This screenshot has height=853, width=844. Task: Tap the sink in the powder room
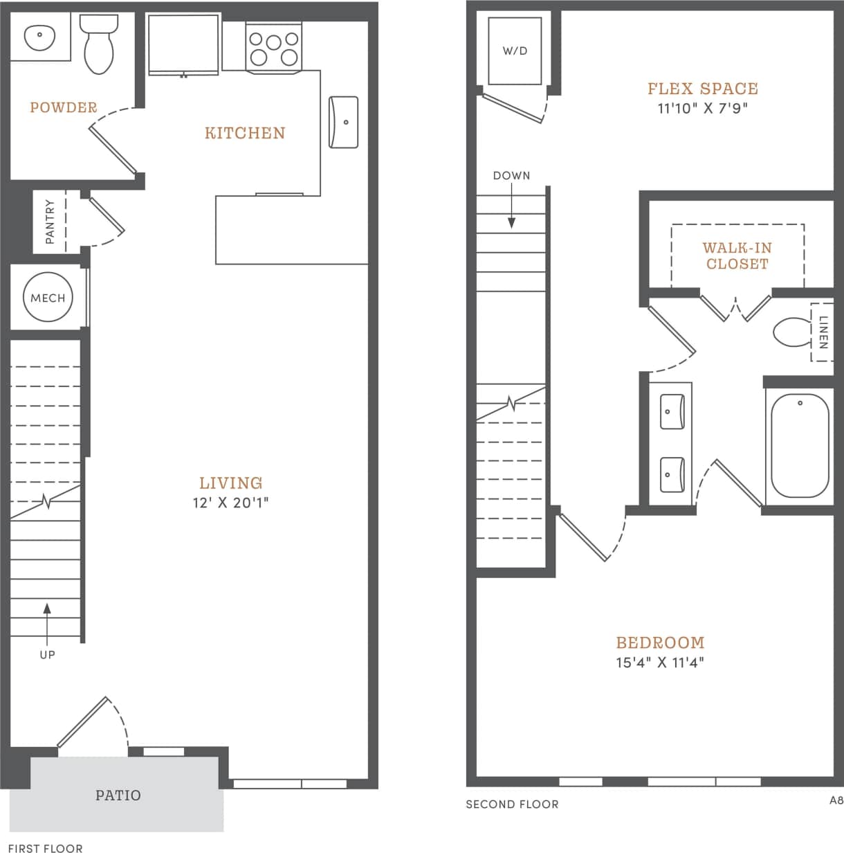[41, 35]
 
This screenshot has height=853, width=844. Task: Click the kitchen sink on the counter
[344, 122]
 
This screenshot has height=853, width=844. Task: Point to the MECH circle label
[48, 298]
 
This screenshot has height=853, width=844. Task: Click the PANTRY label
[50, 222]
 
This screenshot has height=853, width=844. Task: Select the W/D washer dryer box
[515, 51]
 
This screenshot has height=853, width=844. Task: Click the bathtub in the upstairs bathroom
[800, 445]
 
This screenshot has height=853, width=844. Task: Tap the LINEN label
[823, 332]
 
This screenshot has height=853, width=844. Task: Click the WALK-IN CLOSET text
[737, 255]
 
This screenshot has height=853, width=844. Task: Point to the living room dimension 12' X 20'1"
[230, 503]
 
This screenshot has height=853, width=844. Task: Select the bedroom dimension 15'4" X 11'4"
[660, 663]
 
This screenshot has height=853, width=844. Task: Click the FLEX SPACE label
[703, 89]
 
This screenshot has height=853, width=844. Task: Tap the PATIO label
[118, 796]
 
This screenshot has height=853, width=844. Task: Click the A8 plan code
[836, 800]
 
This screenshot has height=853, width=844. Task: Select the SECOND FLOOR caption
[512, 805]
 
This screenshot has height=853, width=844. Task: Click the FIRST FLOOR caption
[46, 847]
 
